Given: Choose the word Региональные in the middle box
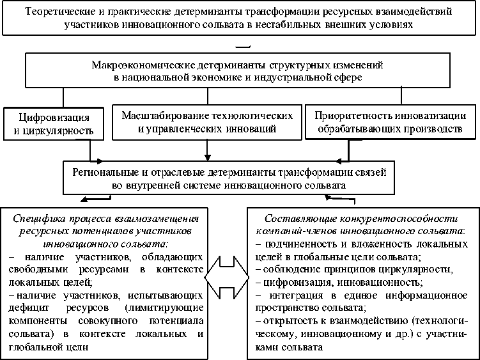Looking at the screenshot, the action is pos(110,172).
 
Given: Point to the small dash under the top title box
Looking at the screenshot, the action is pos(243,46).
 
